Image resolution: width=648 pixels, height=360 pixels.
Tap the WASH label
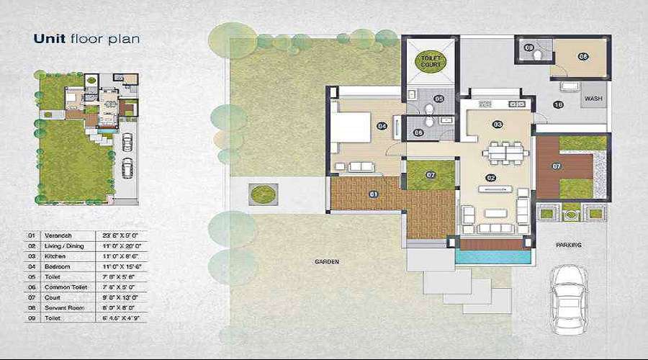click(593, 98)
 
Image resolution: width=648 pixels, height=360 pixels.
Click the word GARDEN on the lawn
click(326, 262)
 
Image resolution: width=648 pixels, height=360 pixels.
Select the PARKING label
click(568, 245)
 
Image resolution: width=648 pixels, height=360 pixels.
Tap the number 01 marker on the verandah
click(373, 194)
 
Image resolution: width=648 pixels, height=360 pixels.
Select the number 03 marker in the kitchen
click(497, 124)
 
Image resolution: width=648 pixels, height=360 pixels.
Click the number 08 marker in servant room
click(583, 55)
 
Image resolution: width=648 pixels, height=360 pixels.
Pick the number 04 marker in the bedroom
click(382, 127)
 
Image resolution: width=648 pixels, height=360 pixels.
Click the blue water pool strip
click(493, 255)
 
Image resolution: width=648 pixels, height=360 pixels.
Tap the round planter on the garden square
click(261, 194)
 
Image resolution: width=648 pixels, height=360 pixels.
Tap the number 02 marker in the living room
click(492, 177)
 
